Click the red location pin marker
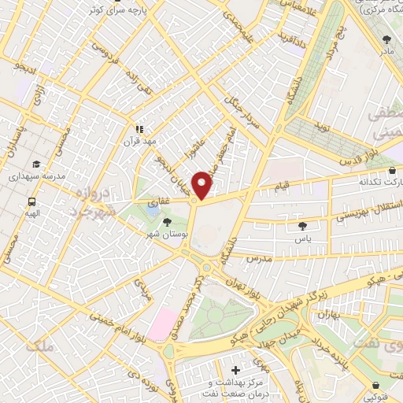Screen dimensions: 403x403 pyautogui.click(x=202, y=185)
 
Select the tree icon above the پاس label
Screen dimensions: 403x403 pyautogui.click(x=302, y=226)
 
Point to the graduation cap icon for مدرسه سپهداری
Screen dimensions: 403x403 pyautogui.click(x=36, y=165)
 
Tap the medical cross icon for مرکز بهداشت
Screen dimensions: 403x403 pyautogui.click(x=236, y=369)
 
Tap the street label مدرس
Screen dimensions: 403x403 pyautogui.click(x=257, y=258)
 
